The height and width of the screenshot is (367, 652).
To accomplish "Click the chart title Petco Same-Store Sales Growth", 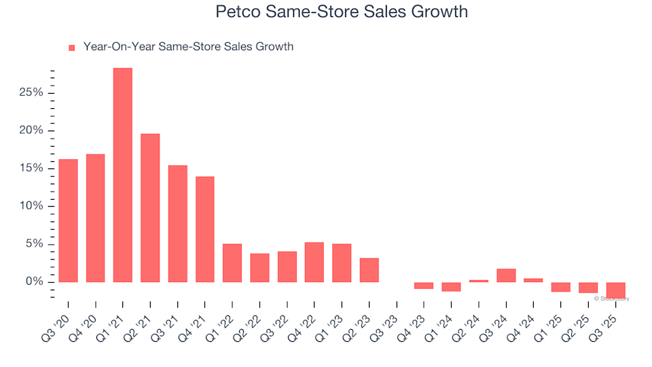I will (x=342, y=12).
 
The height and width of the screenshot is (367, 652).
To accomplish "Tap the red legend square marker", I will (x=72, y=48).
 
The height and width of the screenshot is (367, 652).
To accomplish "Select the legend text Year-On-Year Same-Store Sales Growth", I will (x=188, y=47).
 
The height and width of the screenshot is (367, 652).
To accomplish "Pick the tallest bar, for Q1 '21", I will (x=123, y=175).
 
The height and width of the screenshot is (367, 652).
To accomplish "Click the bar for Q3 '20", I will (x=68, y=220).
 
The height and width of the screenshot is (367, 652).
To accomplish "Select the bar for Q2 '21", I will (x=150, y=207).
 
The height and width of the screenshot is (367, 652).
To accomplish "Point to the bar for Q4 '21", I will (x=205, y=229).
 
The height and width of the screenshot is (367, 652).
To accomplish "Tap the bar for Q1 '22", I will (x=232, y=262).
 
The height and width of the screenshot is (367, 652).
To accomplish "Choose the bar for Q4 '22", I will (x=314, y=262).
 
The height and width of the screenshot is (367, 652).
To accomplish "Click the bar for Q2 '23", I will (x=369, y=270).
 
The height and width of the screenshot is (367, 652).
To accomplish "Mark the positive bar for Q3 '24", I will (x=506, y=275).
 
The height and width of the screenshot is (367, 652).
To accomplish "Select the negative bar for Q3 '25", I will (x=615, y=290).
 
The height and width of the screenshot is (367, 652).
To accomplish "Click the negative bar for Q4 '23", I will (x=424, y=285).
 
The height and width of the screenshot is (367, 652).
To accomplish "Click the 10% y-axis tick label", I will (x=34, y=206).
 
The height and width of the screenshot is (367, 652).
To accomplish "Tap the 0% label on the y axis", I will (x=37, y=281).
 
